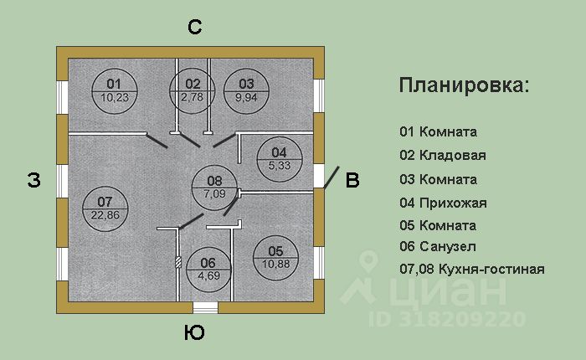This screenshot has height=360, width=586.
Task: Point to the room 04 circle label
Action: coord(279,159)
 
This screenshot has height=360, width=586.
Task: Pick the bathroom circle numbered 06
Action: coord(208,268)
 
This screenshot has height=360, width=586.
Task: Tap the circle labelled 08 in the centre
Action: coord(214,188)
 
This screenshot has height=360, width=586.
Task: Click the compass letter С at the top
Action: coord(194,28)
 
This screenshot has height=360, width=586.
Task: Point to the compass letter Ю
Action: coord(193,333)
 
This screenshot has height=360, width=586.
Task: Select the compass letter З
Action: coord(33,181)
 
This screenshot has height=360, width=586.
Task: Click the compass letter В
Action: coord(352,180)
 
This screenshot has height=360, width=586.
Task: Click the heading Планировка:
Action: coord(463,86)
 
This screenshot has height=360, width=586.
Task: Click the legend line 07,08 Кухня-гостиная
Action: coord(472,270)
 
